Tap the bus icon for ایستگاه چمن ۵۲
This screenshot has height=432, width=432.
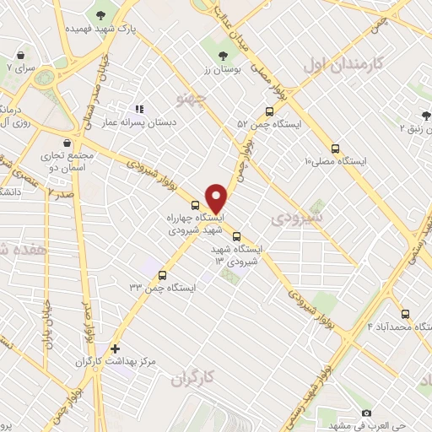coord(269,111)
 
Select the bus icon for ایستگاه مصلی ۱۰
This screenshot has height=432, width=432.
coord(336,147)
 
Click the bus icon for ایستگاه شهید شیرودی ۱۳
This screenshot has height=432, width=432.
coord(236,236)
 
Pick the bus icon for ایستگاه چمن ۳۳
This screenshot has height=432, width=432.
coord(162,275)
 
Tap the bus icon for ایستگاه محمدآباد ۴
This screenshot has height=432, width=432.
coord(406,313)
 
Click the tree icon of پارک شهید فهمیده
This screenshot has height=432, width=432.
coord(101,14)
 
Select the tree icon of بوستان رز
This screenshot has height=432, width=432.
coord(223,57)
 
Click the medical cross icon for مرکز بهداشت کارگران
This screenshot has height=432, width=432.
coord(115,348)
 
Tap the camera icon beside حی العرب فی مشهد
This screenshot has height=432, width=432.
coord(366,413)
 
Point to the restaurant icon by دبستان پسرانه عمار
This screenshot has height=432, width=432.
coord(139,109)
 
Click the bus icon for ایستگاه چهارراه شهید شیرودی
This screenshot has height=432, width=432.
coord(196,204)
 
